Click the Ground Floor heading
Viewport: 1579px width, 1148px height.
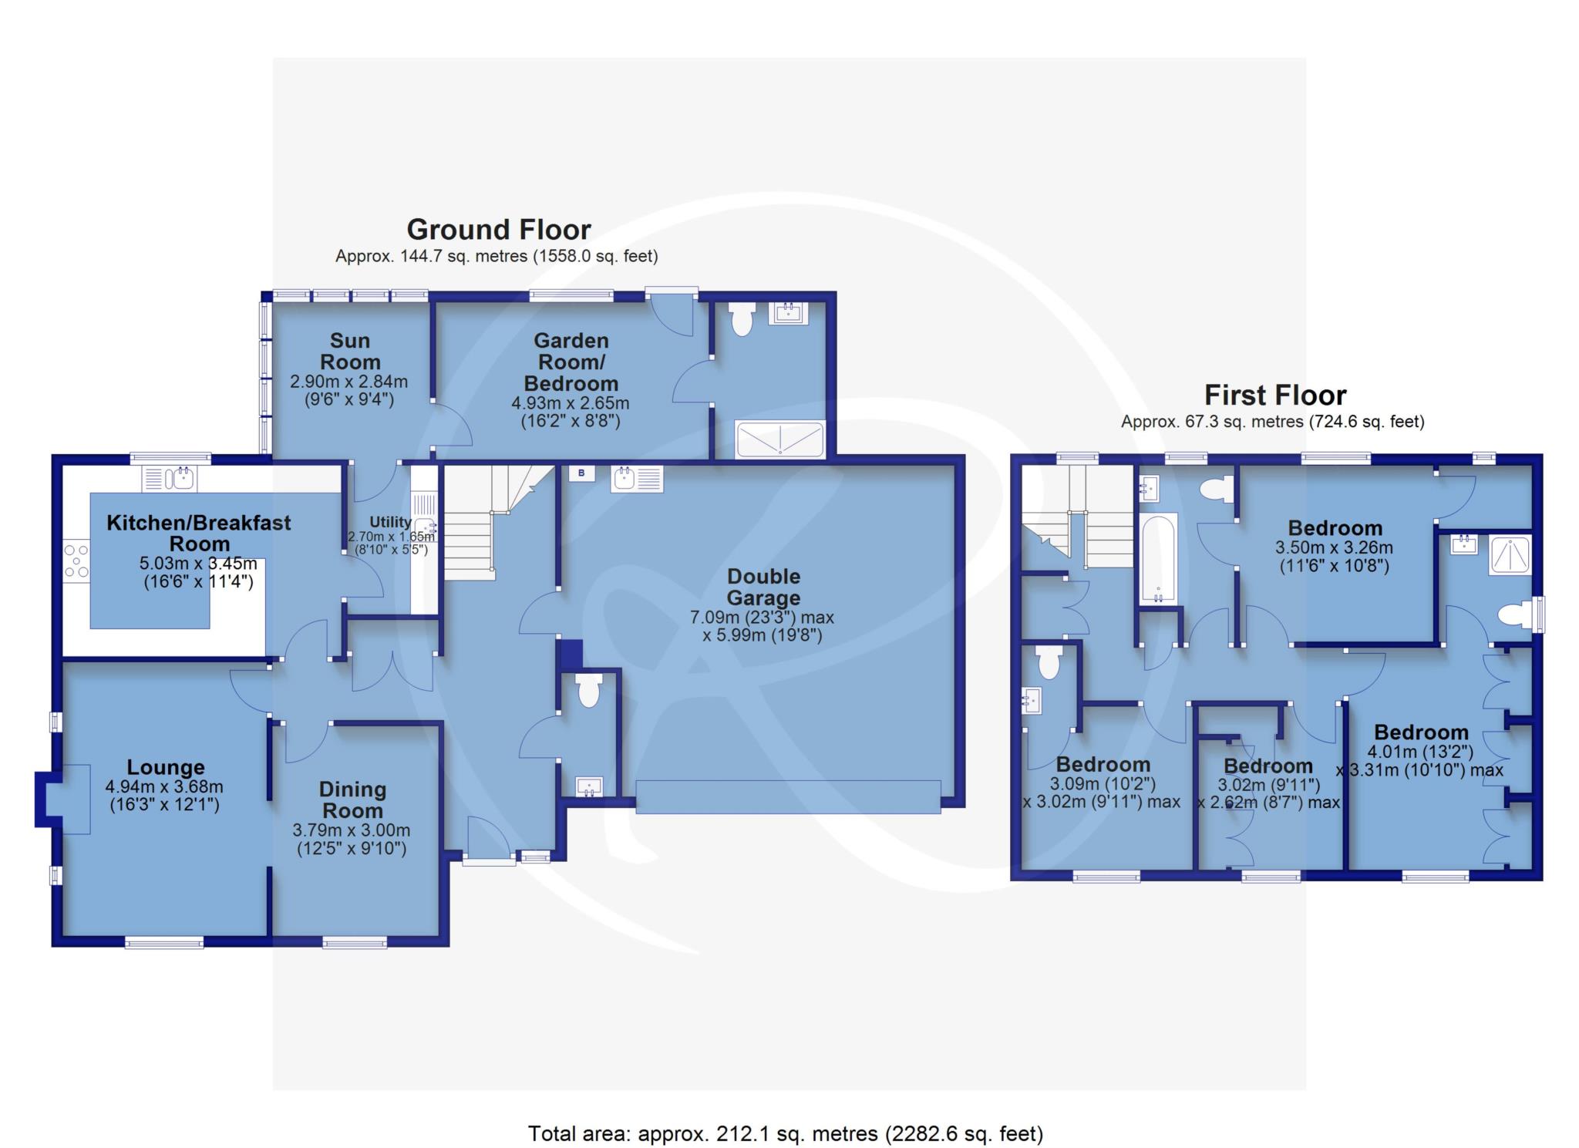point(499,230)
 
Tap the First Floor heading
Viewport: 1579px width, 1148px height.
point(1275,396)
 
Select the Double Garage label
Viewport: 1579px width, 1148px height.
point(764,587)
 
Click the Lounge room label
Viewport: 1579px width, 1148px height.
point(166,767)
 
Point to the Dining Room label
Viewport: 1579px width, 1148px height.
point(352,800)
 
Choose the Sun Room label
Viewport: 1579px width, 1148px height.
point(350,351)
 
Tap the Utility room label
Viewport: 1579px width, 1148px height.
point(390,522)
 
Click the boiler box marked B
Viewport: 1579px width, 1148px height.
point(582,473)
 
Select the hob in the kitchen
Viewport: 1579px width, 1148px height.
point(76,561)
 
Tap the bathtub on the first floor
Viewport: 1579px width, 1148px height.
point(1157,557)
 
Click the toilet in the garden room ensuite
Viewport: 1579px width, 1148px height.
point(742,319)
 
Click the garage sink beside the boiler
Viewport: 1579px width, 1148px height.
point(637,479)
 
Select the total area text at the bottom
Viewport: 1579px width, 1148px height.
point(785,1133)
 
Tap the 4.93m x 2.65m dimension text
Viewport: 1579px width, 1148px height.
point(571,403)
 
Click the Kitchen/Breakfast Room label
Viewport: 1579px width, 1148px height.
point(199,533)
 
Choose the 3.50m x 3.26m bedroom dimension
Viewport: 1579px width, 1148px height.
point(1335,548)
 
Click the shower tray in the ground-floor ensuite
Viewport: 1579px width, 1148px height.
point(780,439)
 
